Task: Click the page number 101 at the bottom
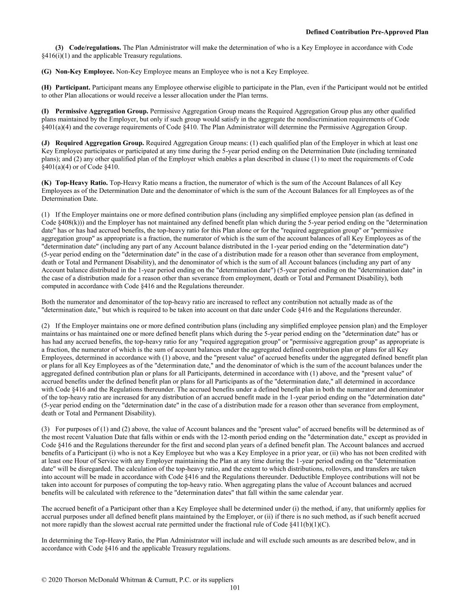pyautogui.click(x=235, y=588)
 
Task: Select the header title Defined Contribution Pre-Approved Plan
pyautogui.click(x=367, y=32)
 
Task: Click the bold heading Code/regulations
pyautogui.click(x=95, y=48)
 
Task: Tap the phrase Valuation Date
pyautogui.click(x=123, y=437)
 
